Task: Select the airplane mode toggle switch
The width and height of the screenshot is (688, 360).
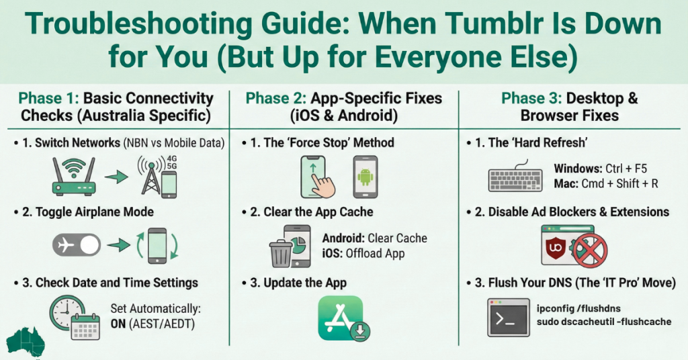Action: coord(76,246)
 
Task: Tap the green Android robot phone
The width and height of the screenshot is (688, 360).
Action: coord(365,177)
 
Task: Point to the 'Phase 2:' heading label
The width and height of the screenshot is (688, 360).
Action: coord(276,99)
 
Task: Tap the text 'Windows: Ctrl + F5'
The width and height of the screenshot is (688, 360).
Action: coord(600,169)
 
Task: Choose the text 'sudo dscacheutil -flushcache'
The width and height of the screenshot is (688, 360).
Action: coord(604,322)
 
